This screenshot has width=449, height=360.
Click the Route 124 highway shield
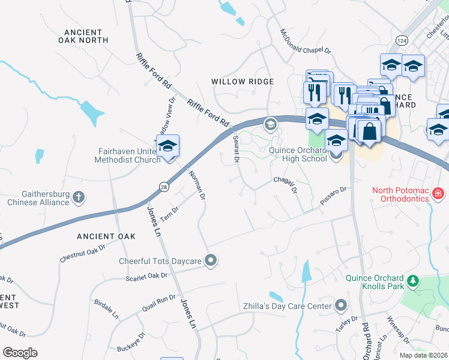coord(400,40)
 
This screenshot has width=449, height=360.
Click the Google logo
coord(20,352)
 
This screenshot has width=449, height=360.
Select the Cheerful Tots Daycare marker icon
coord(211,260)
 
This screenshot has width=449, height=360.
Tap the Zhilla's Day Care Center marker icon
coord(340,306)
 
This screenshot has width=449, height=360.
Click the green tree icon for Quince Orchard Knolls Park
coord(412,280)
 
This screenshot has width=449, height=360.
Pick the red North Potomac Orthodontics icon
coord(439,193)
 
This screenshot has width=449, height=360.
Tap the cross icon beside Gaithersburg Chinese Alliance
coord(79,196)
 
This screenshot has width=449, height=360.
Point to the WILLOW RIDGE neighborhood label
coord(242,81)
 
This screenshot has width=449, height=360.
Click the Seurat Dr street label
coord(236,148)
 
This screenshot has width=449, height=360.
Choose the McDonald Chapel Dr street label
coord(305,43)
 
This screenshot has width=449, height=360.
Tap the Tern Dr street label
coord(171,214)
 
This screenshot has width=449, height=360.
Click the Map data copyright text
coord(424,355)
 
